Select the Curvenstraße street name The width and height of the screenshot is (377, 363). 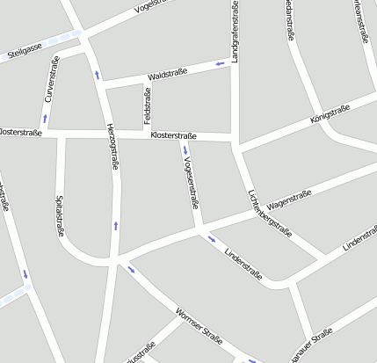(x=52, y=79)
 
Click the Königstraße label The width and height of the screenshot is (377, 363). (x=330, y=113)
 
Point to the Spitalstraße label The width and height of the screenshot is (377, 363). (x=60, y=215)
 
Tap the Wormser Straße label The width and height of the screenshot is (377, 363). (x=199, y=324)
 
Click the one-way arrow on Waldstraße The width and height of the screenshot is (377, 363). (x=220, y=64)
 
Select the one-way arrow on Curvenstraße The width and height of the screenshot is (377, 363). (x=44, y=117)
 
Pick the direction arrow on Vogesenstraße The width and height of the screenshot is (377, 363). (x=185, y=150)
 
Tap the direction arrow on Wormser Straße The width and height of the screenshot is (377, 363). (x=132, y=269)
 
